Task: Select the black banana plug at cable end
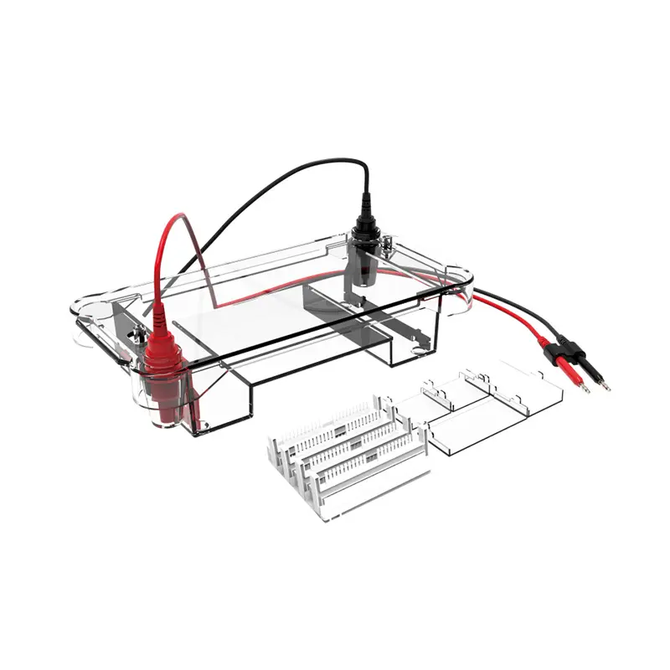click(x=590, y=360)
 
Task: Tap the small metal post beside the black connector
click(x=389, y=245)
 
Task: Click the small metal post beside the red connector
click(x=136, y=338)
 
